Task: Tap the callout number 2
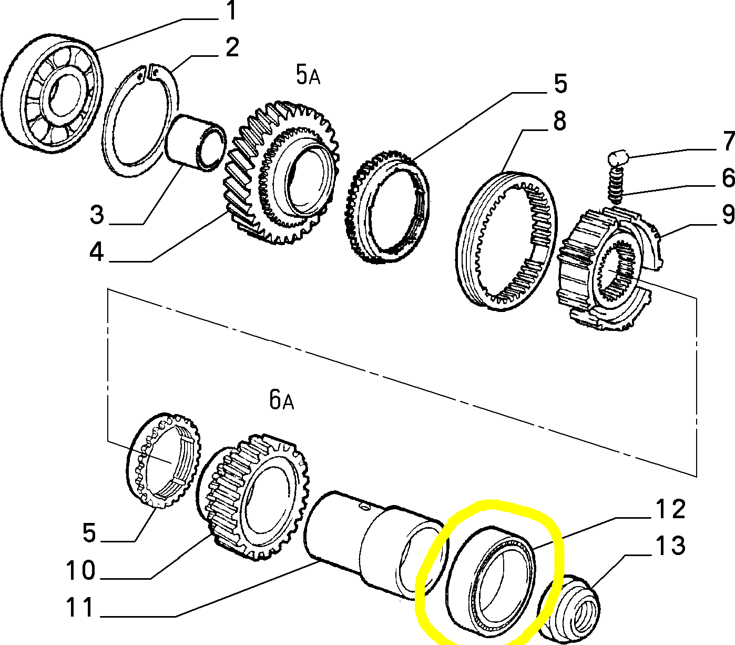coord(232,47)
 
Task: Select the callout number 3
coord(97,215)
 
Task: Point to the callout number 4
coord(96,253)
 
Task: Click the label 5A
coord(308,75)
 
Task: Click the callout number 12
coord(670,509)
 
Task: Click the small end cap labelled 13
coord(576,608)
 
